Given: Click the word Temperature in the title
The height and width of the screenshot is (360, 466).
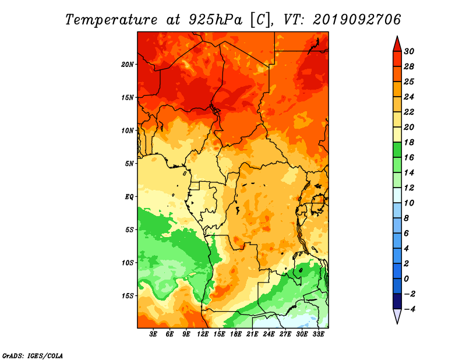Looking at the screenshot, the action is point(111,20).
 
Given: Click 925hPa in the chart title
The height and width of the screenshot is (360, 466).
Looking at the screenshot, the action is point(215,20).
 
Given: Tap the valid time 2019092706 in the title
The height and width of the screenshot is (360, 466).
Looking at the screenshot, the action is point(356,20).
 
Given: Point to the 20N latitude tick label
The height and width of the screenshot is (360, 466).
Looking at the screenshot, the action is point(128,65).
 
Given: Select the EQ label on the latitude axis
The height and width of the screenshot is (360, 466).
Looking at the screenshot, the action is point(129,197).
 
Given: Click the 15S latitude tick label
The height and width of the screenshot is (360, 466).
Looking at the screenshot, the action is point(128,296).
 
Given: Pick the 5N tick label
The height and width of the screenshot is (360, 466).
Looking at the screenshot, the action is point(129,164).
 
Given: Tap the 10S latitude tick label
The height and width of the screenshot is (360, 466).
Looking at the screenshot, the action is point(128,263).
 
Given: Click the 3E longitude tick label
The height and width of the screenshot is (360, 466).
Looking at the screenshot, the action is point(153,334).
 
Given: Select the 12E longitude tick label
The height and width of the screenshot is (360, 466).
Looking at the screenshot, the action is point(203,334).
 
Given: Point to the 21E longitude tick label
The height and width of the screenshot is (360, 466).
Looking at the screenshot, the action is point(252,334).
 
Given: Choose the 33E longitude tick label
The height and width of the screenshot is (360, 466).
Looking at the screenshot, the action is point(318,334).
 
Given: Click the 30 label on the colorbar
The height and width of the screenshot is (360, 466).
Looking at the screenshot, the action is point(409,51).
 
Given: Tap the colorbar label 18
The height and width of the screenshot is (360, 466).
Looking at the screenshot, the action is point(409,142).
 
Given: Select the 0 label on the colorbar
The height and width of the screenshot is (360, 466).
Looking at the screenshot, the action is point(406,279).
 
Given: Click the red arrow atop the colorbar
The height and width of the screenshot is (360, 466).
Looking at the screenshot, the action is point(397,44).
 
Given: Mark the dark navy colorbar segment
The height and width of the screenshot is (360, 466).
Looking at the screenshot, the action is point(397,301).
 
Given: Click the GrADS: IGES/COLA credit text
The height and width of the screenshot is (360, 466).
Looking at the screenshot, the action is point(33,356).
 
